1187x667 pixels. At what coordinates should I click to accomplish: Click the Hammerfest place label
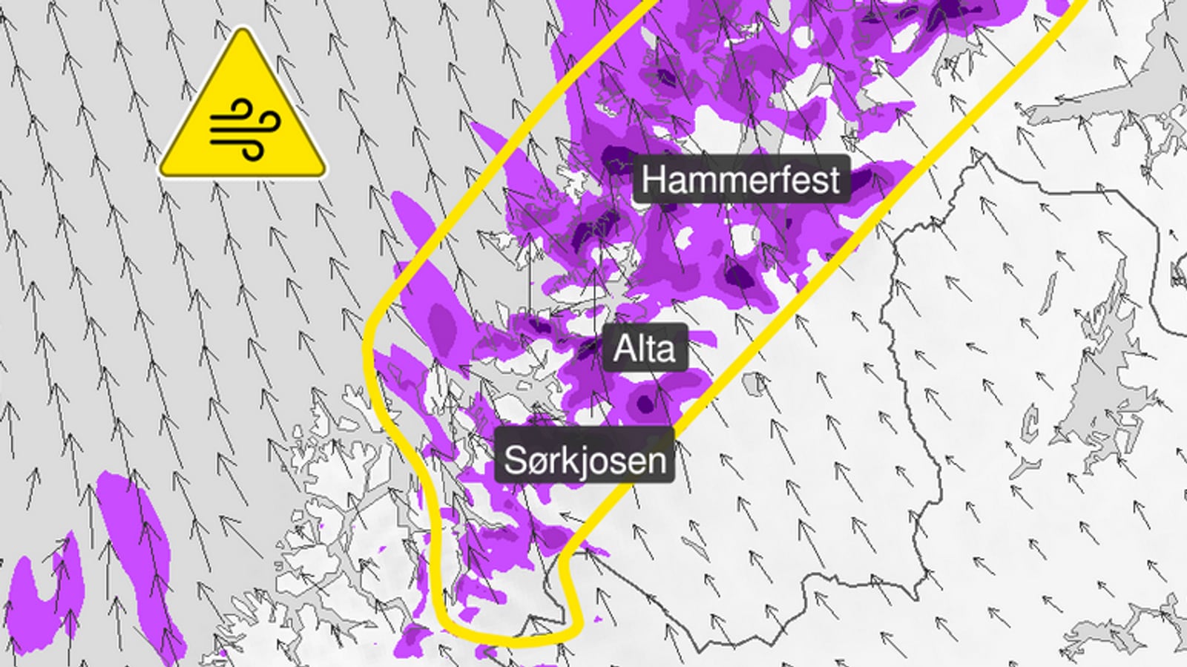[741, 180]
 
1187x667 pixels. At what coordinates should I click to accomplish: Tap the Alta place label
[645, 347]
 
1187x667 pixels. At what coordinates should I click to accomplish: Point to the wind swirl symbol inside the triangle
[245, 128]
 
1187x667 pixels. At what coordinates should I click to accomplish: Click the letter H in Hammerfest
[653, 180]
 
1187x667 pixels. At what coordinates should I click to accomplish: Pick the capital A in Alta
[624, 348]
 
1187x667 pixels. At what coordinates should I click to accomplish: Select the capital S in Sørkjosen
[515, 460]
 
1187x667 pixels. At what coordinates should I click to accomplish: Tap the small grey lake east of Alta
[753, 383]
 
